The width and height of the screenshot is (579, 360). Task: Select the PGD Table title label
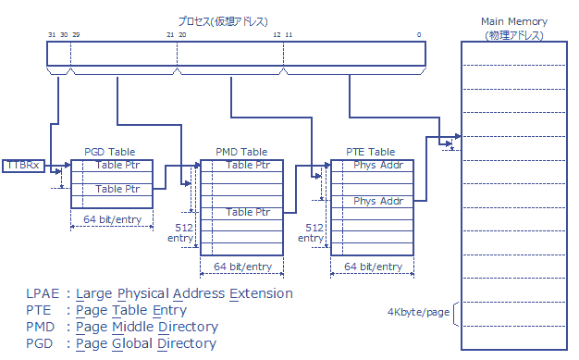[x=109, y=152]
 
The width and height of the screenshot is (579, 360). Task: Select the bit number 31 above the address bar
[x=53, y=34]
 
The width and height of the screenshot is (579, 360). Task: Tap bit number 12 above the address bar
[x=277, y=34]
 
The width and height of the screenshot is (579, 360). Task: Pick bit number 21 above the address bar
[x=170, y=34]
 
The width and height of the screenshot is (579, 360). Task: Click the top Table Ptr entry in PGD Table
[x=117, y=166]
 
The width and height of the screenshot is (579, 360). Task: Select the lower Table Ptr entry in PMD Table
[x=249, y=212]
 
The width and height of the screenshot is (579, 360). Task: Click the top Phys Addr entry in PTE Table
[x=377, y=166]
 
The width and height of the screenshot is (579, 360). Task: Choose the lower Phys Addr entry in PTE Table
[x=377, y=201]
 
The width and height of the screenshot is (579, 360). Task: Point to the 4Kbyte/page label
[x=418, y=312]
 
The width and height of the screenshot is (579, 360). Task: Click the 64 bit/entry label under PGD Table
[x=112, y=219]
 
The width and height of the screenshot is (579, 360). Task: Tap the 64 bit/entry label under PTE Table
[x=373, y=267]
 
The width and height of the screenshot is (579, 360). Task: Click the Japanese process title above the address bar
[x=237, y=20]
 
